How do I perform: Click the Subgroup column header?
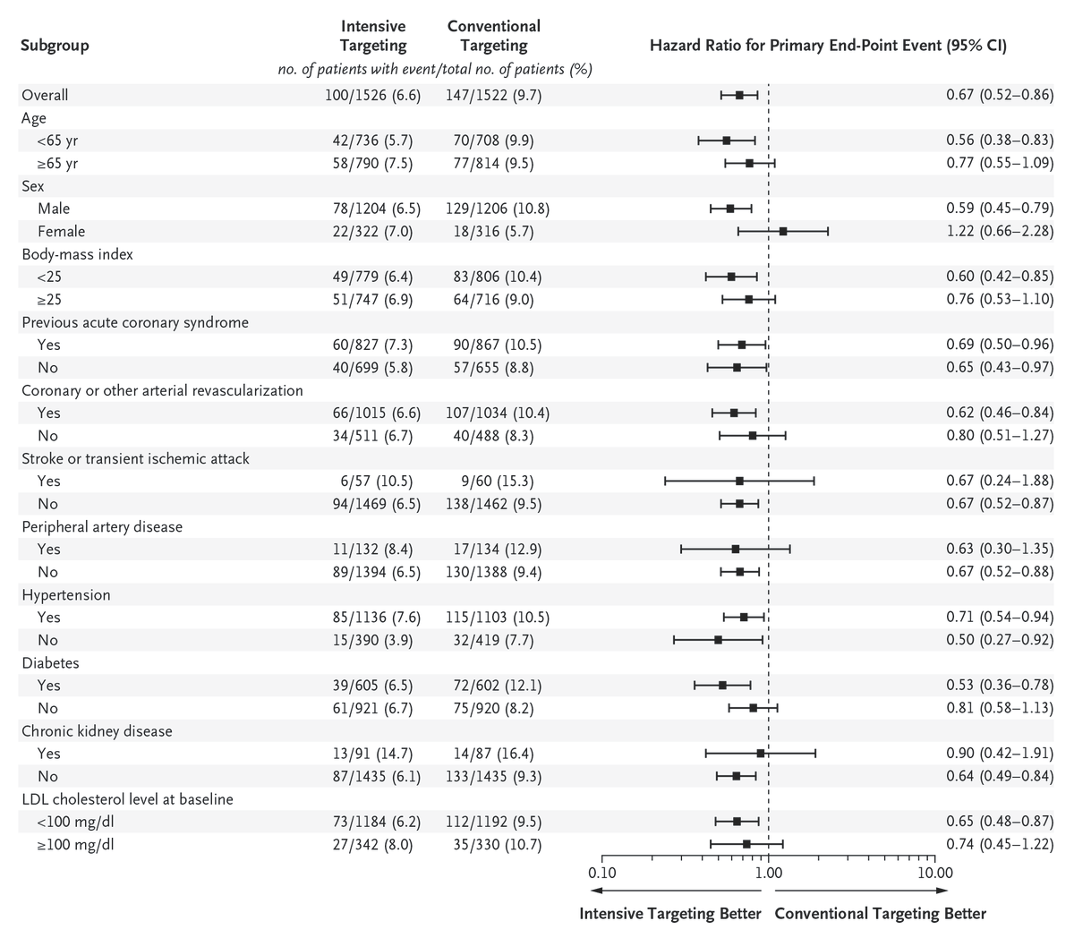(x=55, y=46)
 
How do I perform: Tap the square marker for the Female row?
(x=783, y=231)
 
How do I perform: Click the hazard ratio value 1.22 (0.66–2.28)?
(x=1000, y=231)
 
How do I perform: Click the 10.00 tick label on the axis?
(x=933, y=872)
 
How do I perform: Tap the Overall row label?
(x=45, y=95)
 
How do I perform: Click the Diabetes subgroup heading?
(x=50, y=663)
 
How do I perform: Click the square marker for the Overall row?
(x=739, y=95)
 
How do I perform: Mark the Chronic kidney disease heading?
(x=97, y=731)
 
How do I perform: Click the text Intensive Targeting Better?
(x=670, y=914)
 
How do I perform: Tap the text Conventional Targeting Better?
(x=880, y=914)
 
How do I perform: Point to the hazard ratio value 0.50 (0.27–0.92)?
(x=1000, y=640)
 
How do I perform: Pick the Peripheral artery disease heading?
(x=102, y=526)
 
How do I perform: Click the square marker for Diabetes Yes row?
(x=722, y=686)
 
